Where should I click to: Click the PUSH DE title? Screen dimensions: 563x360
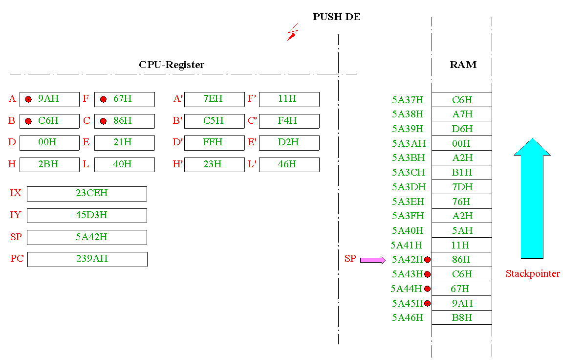click(336, 17)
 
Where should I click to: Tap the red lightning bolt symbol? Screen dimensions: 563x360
click(293, 32)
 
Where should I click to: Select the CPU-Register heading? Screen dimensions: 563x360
click(172, 65)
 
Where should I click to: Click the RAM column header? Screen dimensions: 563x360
click(463, 65)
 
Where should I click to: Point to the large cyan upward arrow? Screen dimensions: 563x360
click(532, 198)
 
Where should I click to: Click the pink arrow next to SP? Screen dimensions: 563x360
click(373, 260)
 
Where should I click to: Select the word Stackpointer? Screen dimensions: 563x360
click(533, 274)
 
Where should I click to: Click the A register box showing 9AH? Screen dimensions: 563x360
click(49, 99)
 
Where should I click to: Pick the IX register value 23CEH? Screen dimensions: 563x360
click(91, 193)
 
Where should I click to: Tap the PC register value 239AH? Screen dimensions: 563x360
click(92, 259)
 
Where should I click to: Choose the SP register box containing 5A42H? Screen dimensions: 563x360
click(87, 238)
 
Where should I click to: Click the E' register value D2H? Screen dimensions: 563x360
click(288, 142)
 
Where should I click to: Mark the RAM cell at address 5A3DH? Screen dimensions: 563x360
click(462, 187)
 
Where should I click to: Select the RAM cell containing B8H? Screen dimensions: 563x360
click(462, 317)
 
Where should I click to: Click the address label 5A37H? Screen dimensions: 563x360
click(408, 100)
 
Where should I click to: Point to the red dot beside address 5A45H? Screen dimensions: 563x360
click(427, 303)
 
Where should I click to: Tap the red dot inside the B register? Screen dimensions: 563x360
click(28, 121)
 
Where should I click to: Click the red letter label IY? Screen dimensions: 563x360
click(15, 215)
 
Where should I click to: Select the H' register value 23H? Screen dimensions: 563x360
click(213, 164)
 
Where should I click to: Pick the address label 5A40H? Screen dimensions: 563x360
click(408, 231)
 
